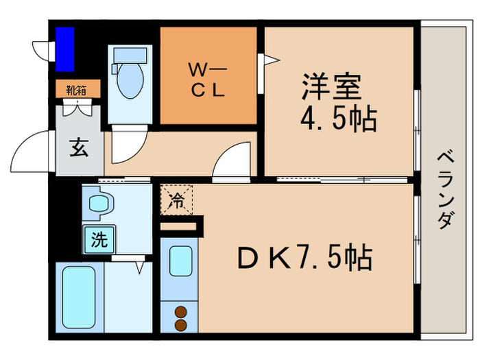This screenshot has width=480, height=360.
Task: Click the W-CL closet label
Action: tap(208, 80)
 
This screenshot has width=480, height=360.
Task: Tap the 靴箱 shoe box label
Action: tap(75, 88)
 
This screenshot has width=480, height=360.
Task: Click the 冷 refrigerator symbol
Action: tap(176, 200)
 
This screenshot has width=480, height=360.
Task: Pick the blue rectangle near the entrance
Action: tap(65, 49)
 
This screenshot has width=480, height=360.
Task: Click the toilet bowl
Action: tap(130, 81)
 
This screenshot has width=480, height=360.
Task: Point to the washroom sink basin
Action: tap(100, 204)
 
